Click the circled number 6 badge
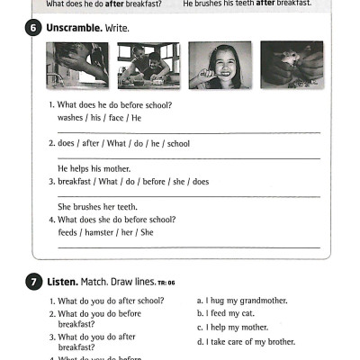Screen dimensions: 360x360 pyautogui.click(x=33, y=28)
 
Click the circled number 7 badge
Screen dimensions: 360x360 pyautogui.click(x=33, y=282)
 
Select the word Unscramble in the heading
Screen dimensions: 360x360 pyautogui.click(x=74, y=28)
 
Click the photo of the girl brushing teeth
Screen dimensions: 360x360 pyautogui.click(x=220, y=65)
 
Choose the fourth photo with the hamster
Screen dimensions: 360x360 pyautogui.click(x=292, y=65)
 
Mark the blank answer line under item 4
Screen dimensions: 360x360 pyautogui.click(x=189, y=246)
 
